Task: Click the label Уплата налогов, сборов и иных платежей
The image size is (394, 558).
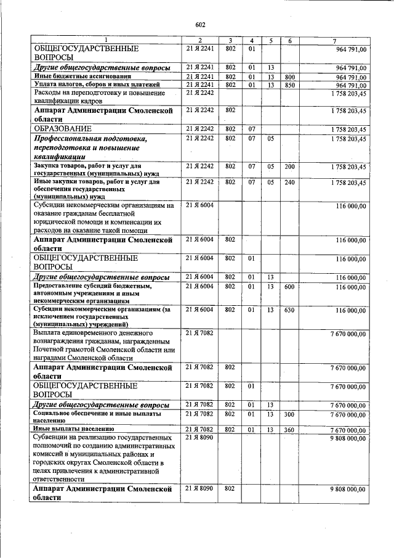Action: click(x=97, y=84)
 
